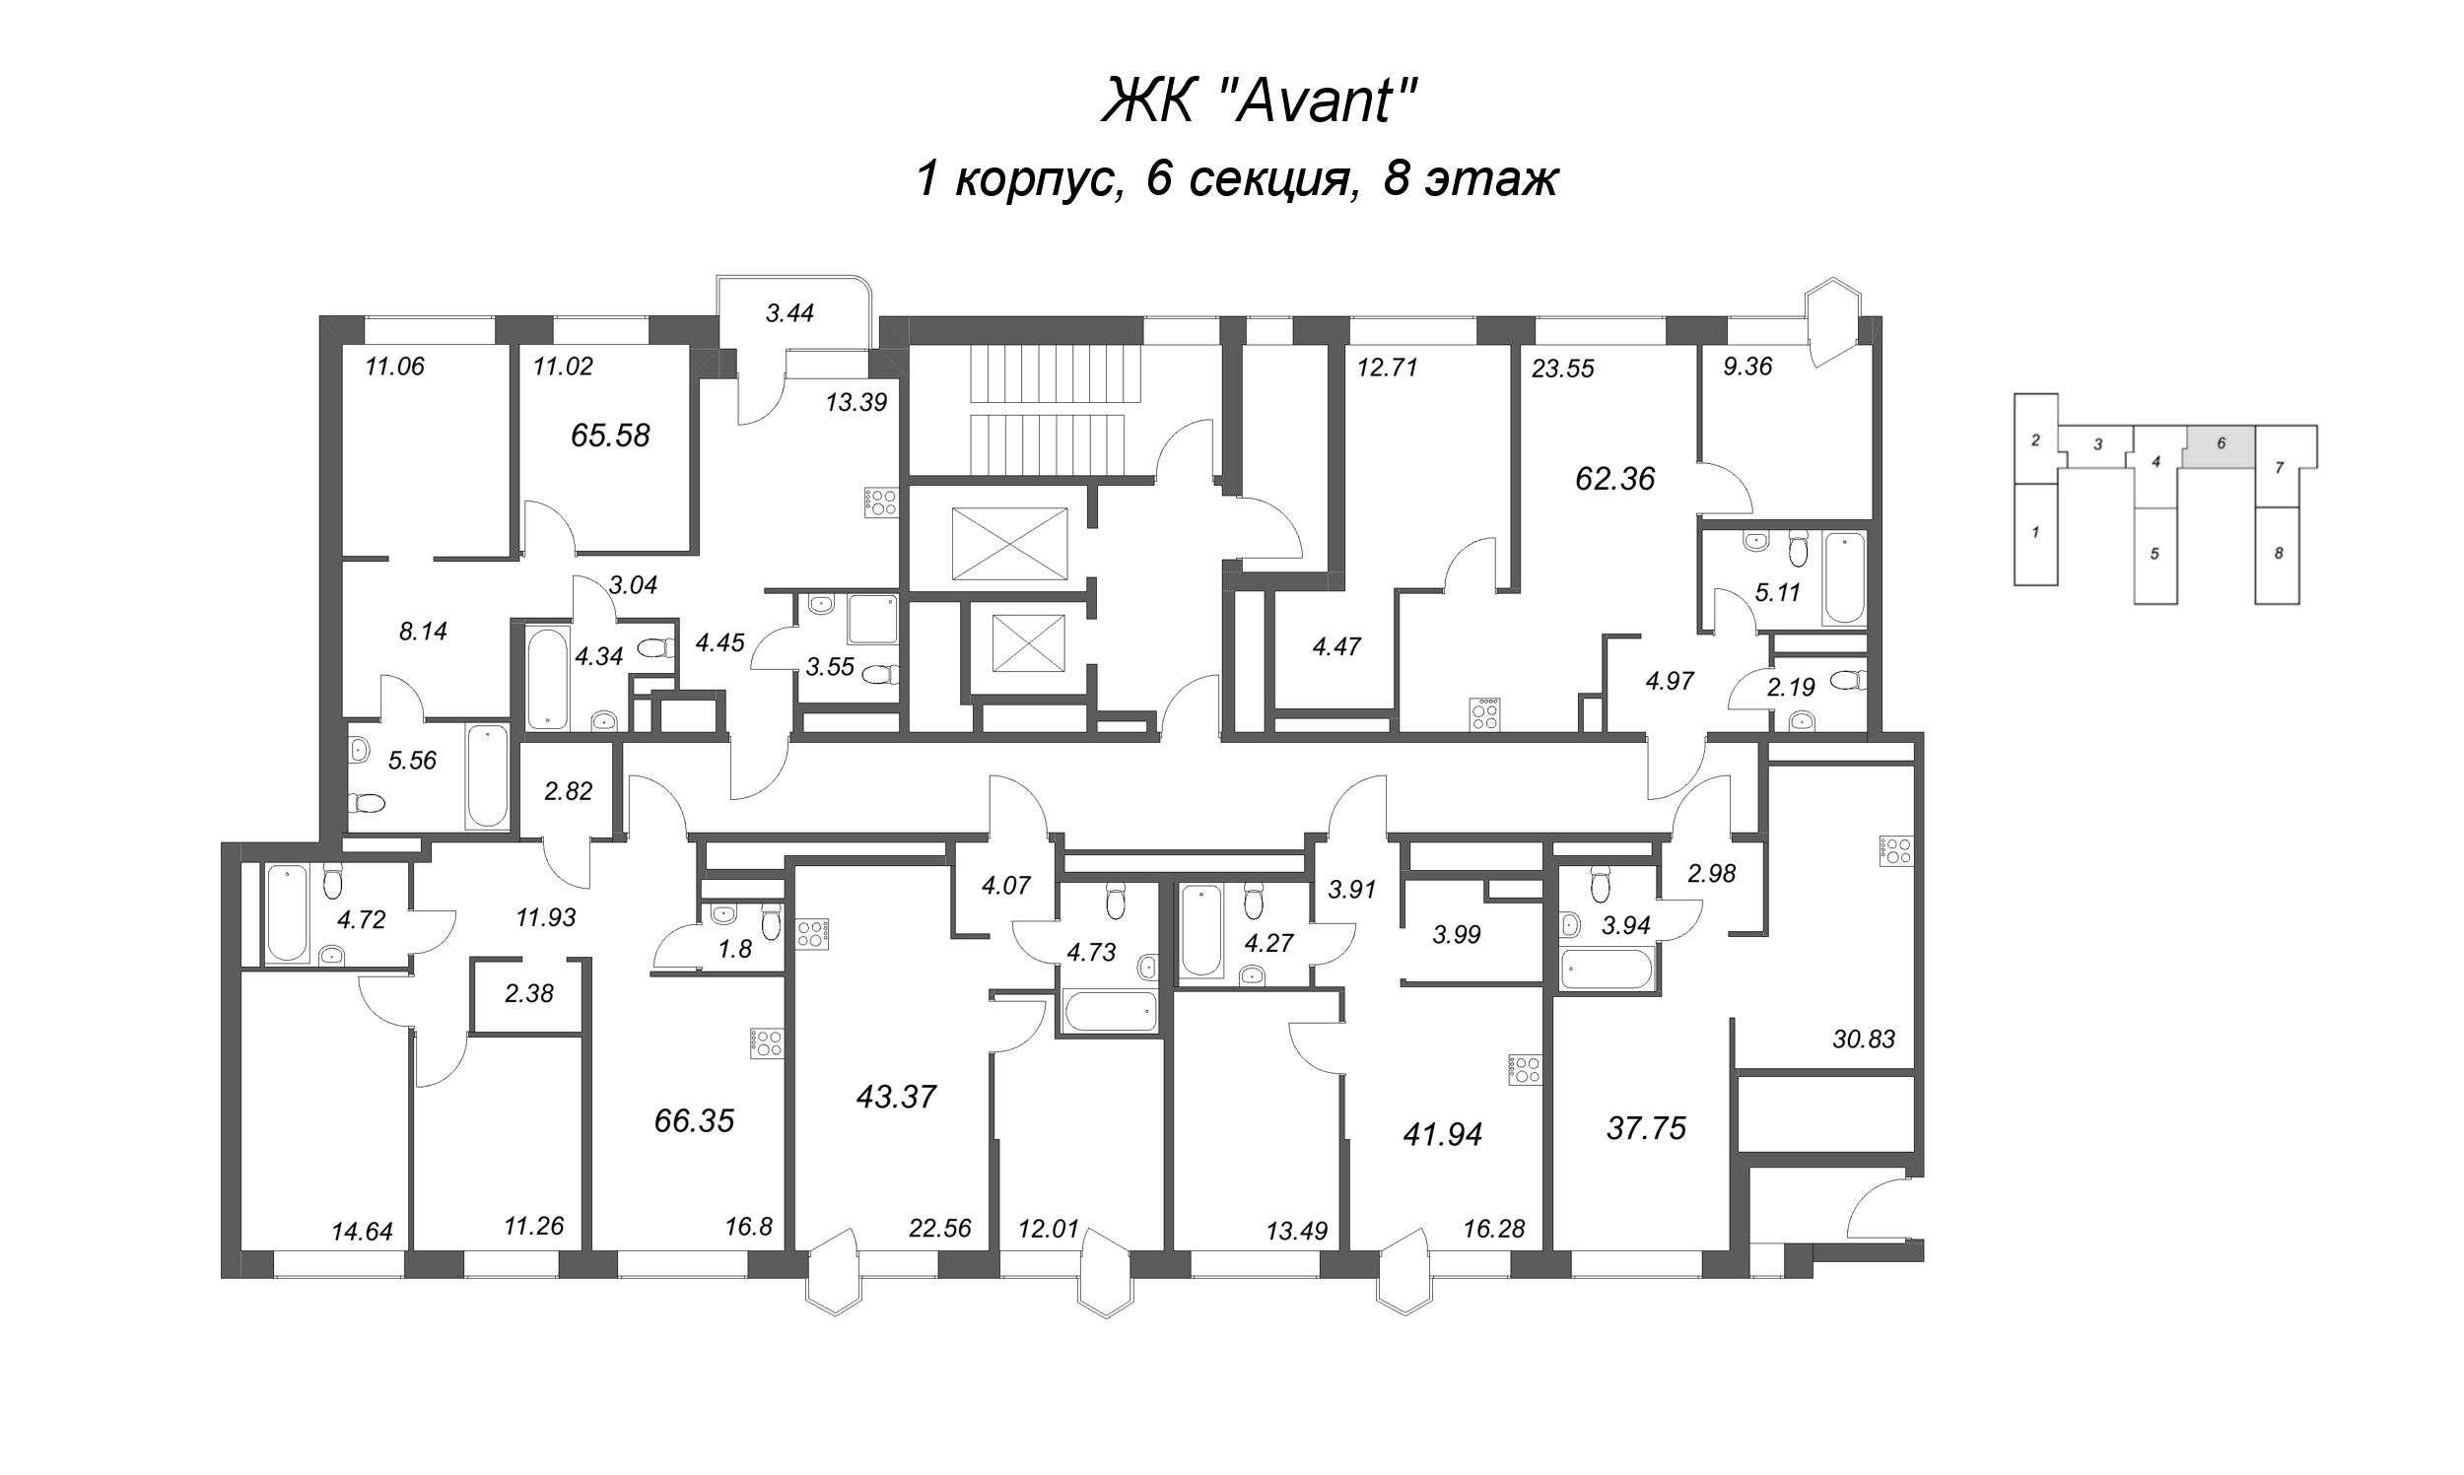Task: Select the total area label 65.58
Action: click(610, 436)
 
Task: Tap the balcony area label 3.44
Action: click(789, 314)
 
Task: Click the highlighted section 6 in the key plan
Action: click(2220, 444)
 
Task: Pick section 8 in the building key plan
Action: click(2278, 554)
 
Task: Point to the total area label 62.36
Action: click(1615, 479)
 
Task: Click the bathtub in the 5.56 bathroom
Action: click(487, 777)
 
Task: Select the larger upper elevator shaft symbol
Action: click(1009, 544)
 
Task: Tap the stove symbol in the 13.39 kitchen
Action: click(882, 502)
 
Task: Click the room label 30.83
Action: click(1863, 1039)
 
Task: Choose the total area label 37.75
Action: click(1646, 1129)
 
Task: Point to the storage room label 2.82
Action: click(568, 791)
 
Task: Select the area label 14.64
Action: click(362, 1233)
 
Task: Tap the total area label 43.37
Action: click(896, 1098)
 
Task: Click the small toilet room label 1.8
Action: click(734, 950)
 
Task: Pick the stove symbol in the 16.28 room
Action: click(1524, 1069)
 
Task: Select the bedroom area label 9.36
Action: click(1747, 367)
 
